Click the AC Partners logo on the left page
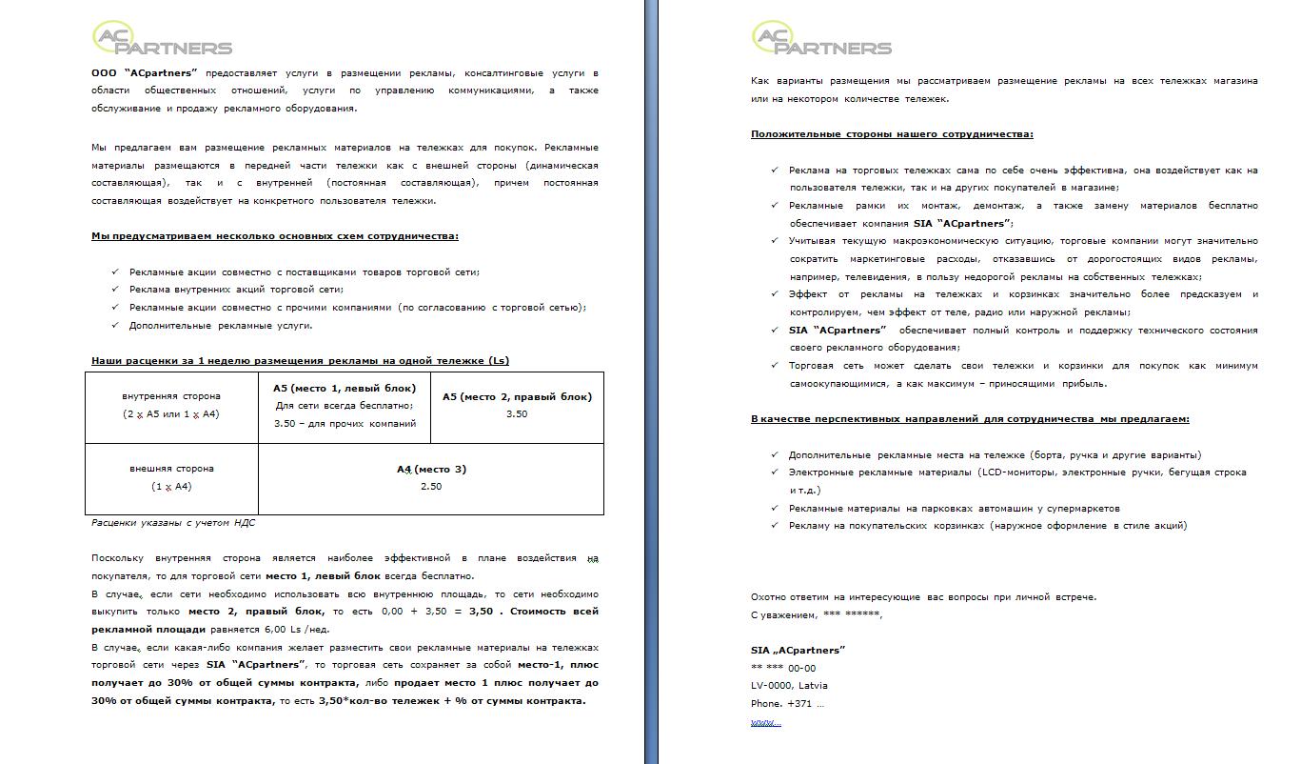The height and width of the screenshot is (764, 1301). (162, 38)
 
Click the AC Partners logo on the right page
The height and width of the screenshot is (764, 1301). (821, 38)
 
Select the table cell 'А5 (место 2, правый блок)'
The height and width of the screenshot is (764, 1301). (517, 406)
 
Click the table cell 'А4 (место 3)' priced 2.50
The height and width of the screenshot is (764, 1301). (431, 477)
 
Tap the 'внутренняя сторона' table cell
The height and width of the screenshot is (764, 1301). (171, 405)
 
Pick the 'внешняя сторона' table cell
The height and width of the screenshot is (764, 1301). (171, 477)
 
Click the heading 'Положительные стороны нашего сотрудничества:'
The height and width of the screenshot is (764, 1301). (892, 134)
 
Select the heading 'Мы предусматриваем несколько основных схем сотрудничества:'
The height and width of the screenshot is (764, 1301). (274, 236)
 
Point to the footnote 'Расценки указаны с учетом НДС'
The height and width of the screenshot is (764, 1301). (173, 522)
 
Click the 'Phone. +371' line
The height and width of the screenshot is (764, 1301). (787, 704)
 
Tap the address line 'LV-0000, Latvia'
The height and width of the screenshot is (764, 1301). (789, 686)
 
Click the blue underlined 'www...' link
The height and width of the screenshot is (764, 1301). (766, 722)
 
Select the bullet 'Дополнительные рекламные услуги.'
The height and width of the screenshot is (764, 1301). (221, 326)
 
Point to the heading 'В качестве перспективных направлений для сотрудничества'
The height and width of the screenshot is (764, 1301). (970, 419)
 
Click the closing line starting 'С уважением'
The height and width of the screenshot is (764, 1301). (817, 614)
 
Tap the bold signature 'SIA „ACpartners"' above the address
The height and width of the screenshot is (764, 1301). (798, 650)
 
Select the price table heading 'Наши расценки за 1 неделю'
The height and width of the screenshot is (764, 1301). (300, 361)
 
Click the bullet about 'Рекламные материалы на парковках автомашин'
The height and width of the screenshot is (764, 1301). (954, 508)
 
